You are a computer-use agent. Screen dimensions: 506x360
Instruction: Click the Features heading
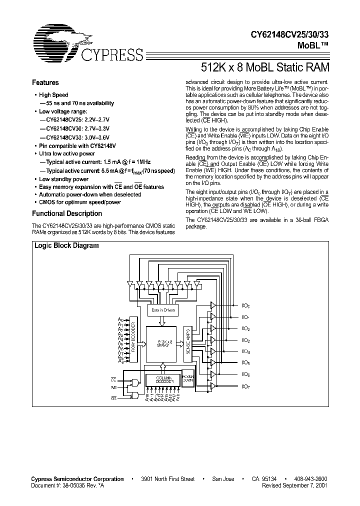pos(45,83)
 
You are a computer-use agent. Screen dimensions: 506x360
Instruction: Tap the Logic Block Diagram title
pos(66,246)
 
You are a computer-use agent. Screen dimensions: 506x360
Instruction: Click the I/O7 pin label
pos(245,386)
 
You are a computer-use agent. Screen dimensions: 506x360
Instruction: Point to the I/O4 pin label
pos(245,351)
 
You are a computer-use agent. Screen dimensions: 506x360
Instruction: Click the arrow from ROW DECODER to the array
pos(141,343)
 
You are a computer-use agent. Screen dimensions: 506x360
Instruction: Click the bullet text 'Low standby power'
pos(63,179)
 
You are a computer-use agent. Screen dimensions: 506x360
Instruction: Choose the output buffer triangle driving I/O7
pos(213,386)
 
